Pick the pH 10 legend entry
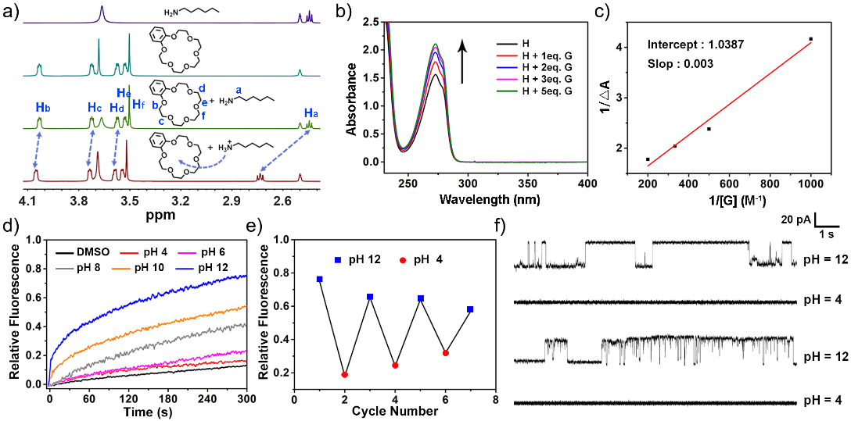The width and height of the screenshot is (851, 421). [165, 267]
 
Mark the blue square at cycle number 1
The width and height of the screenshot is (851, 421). [320, 279]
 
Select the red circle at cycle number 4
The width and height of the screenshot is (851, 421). [395, 365]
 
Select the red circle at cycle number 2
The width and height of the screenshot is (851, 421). [345, 374]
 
